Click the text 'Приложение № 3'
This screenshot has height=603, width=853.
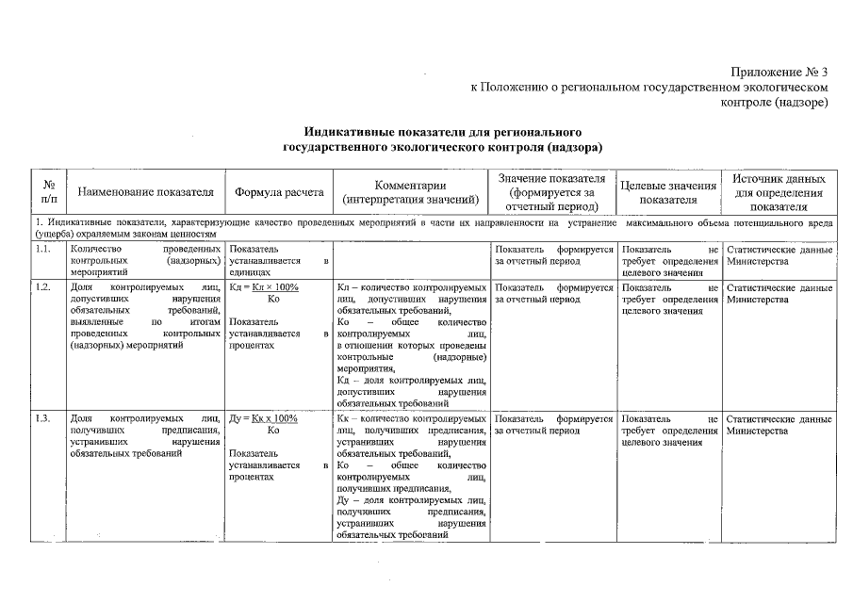tap(779, 72)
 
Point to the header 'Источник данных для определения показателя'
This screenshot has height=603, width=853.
tap(779, 192)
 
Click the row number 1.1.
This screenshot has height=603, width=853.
tap(41, 250)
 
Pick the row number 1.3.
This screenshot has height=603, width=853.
tap(41, 418)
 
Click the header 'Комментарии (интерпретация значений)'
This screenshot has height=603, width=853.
tap(410, 192)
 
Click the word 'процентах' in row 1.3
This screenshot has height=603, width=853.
tap(251, 478)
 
